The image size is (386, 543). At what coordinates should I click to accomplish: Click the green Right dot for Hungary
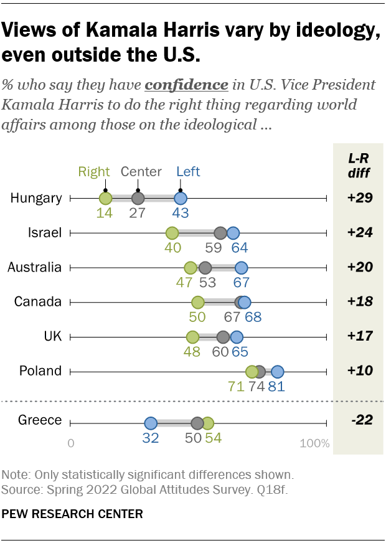pyautogui.click(x=106, y=199)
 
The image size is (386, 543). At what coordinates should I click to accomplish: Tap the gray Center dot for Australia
pyautogui.click(x=206, y=268)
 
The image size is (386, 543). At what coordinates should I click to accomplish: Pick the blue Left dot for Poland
pyautogui.click(x=278, y=372)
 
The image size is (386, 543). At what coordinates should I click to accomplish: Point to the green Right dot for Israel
pyautogui.click(x=172, y=234)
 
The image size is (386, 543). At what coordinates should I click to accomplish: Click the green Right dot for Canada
pyautogui.click(x=198, y=303)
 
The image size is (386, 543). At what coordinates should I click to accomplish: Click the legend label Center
pyautogui.click(x=141, y=172)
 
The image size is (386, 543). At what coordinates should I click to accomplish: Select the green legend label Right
pyautogui.click(x=94, y=172)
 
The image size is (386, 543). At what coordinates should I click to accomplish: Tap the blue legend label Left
pyautogui.click(x=188, y=172)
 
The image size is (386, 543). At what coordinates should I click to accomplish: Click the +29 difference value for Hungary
pyautogui.click(x=359, y=199)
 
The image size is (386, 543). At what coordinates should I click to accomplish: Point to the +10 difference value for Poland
pyautogui.click(x=359, y=371)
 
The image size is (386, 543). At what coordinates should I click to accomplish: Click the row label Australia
pyautogui.click(x=34, y=268)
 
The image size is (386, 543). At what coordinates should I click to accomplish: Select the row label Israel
pyautogui.click(x=45, y=234)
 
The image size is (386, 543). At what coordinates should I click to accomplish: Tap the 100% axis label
pyautogui.click(x=314, y=443)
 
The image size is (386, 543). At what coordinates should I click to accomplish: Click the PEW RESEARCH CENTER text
pyautogui.click(x=73, y=514)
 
